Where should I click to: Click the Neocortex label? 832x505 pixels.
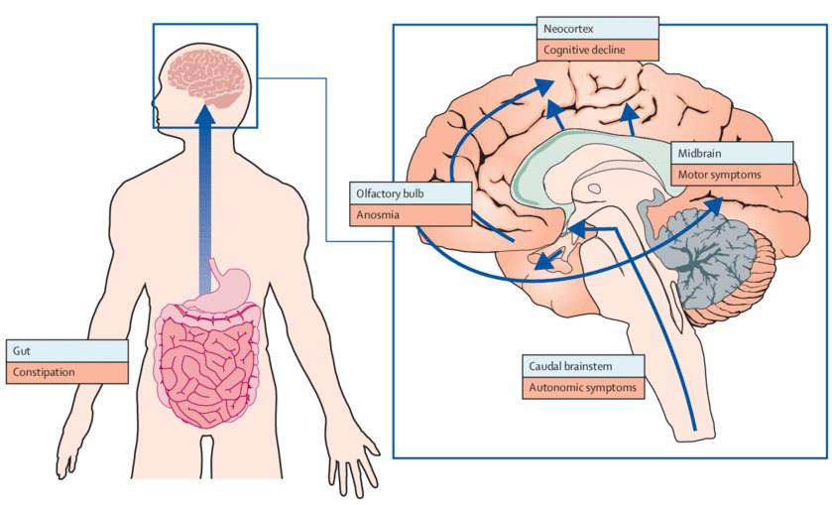597,29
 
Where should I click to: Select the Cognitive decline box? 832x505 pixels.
597,50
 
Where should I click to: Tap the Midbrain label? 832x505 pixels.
732,153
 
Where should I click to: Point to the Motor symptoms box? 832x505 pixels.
732,175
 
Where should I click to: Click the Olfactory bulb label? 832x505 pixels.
411,193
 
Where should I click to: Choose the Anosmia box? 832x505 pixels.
411,215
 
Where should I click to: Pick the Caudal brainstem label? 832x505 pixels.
583,366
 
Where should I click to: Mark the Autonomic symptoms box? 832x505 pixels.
583,388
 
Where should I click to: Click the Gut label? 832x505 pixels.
66,351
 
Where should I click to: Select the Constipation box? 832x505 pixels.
66,372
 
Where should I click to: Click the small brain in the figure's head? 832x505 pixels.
207,78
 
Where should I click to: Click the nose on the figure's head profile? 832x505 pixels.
155,102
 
